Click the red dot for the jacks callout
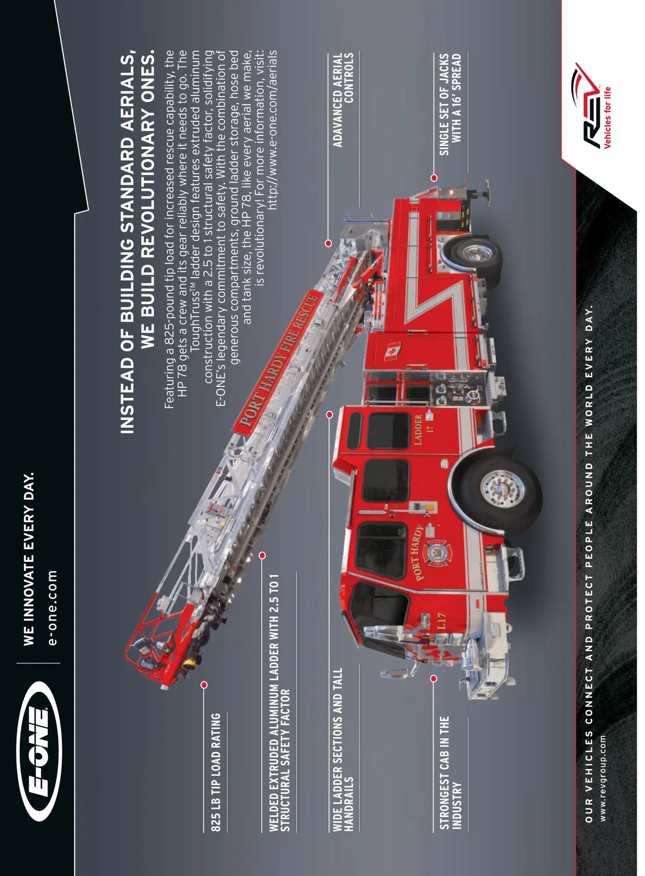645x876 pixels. [434, 178]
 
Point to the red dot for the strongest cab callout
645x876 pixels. [434, 678]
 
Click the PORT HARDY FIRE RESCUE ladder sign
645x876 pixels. [278, 362]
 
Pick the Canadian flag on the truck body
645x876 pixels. [391, 352]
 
